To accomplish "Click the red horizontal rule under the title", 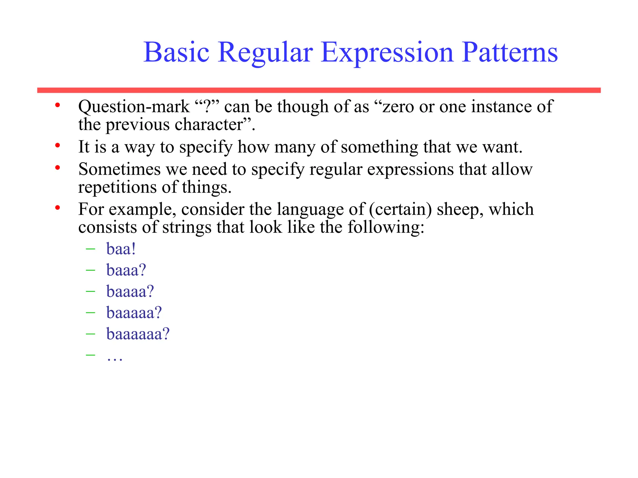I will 319,90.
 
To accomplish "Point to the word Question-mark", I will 134,107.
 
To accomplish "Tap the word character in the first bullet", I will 208,125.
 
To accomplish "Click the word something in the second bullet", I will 379,147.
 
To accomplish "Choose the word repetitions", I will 117,187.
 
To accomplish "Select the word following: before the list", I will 386,227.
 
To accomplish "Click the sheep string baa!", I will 121,249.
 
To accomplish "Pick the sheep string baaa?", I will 126,270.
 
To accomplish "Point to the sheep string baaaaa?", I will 134,312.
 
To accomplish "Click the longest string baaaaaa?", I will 138,334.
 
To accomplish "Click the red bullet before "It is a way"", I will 57,145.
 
